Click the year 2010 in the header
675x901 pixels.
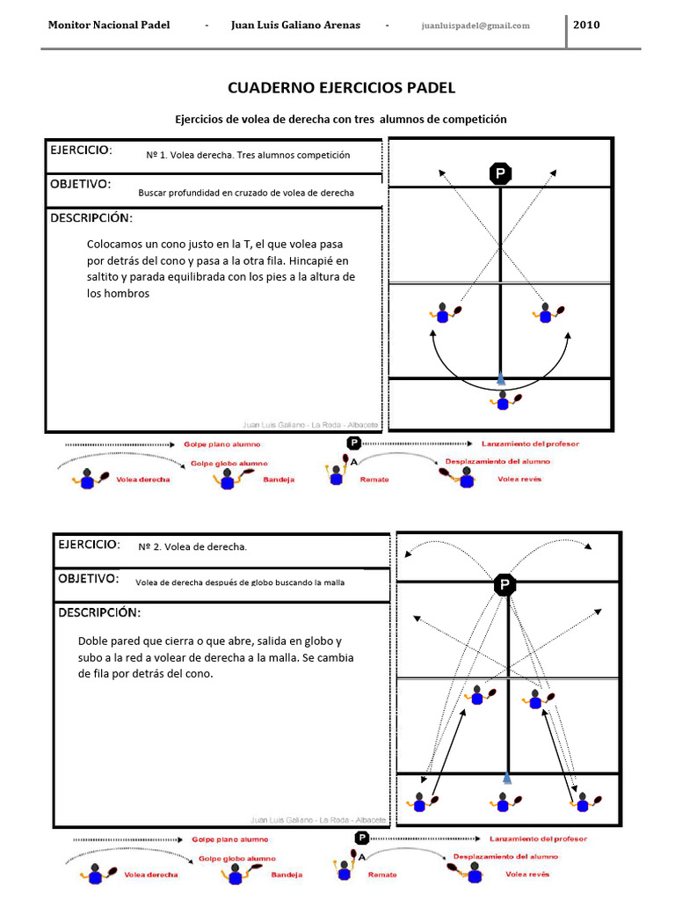tap(586, 25)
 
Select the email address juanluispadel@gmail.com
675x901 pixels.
tap(475, 26)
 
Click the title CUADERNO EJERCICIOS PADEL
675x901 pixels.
tap(342, 88)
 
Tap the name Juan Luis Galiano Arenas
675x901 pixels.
tap(295, 25)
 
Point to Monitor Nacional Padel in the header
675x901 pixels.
tap(108, 25)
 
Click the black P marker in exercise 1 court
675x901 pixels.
tap(500, 174)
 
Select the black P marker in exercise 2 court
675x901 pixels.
tap(504, 584)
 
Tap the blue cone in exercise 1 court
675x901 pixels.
tap(501, 378)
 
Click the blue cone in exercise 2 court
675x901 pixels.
tap(506, 777)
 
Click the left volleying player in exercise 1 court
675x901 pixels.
tap(444, 312)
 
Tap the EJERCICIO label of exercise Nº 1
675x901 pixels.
tap(81, 150)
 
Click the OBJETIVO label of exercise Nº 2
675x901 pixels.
tap(88, 579)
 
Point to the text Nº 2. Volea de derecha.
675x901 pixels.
tap(193, 547)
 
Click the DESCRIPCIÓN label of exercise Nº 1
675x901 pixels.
tap(91, 217)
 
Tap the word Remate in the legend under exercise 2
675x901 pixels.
tap(382, 875)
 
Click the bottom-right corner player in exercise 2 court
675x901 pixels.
tap(584, 802)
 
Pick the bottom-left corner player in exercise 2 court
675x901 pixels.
tap(420, 802)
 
